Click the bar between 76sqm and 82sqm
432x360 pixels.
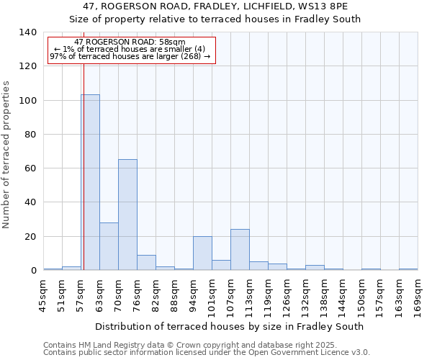[146, 263]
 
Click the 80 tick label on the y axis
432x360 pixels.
[30, 135]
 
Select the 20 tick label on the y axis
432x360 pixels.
[30, 237]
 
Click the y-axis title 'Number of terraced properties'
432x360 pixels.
[6, 154]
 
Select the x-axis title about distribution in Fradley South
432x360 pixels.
[229, 326]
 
